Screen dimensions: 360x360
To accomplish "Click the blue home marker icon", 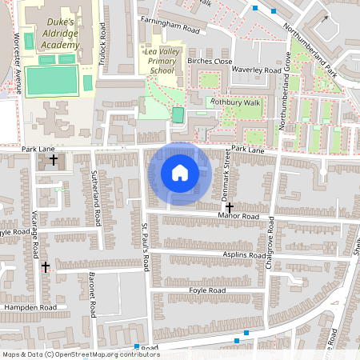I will pyautogui.click(x=180, y=173).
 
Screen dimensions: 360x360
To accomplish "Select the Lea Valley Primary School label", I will pyautogui.click(x=161, y=61).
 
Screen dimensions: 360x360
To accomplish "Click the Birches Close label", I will pyautogui.click(x=209, y=62).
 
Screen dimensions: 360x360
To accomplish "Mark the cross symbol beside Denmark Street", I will pyautogui.click(x=230, y=207).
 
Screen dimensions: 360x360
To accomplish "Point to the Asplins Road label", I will pyautogui.click(x=244, y=255).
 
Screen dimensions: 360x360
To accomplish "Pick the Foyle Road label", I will pyautogui.click(x=203, y=290).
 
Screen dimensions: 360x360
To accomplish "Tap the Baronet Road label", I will pyautogui.click(x=92, y=292).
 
